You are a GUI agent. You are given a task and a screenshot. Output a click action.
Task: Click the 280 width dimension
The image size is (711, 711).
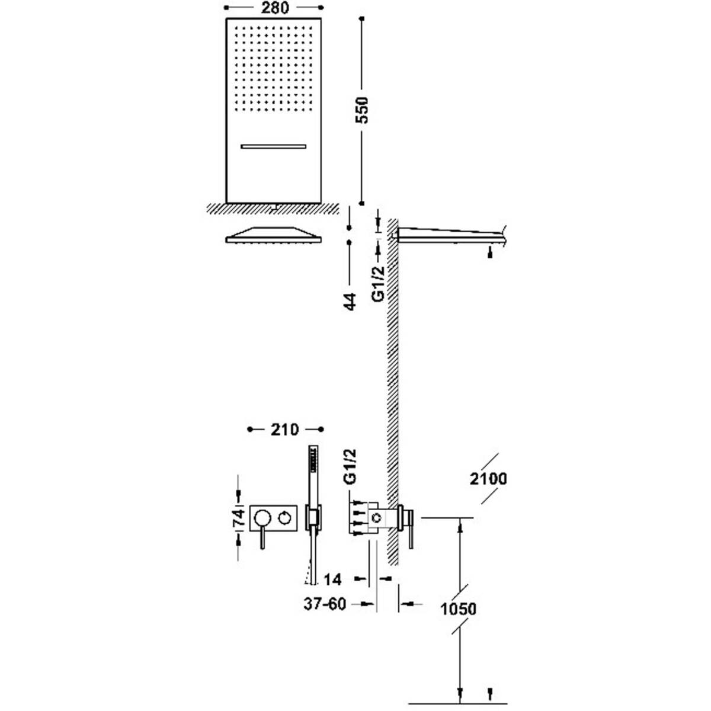(273, 8)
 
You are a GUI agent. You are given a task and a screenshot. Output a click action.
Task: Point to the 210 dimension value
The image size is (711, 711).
(284, 429)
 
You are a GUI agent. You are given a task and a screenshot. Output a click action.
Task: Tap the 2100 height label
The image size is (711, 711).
(486, 478)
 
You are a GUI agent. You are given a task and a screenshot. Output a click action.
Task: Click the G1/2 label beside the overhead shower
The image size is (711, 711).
(378, 283)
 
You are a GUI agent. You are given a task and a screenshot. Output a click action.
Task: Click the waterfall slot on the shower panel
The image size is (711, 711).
(273, 145)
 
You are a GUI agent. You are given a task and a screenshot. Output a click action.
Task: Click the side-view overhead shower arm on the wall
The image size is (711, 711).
(450, 235)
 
